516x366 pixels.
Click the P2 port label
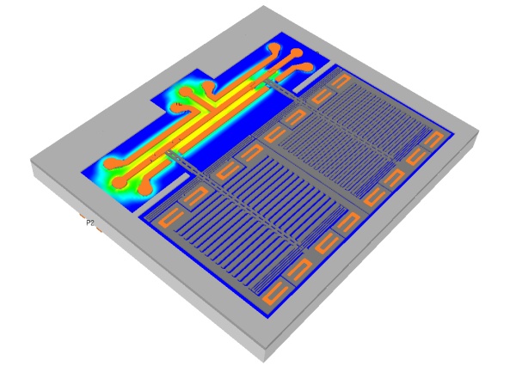tap(90, 223)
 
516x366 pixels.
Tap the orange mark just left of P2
tap(82, 215)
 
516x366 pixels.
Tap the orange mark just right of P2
tap(99, 229)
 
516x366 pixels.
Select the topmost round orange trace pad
tap(273, 47)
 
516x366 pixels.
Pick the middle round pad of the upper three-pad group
tap(296, 53)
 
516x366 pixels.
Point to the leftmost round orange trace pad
tap(109, 163)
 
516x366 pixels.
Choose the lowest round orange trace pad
tap(144, 188)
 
